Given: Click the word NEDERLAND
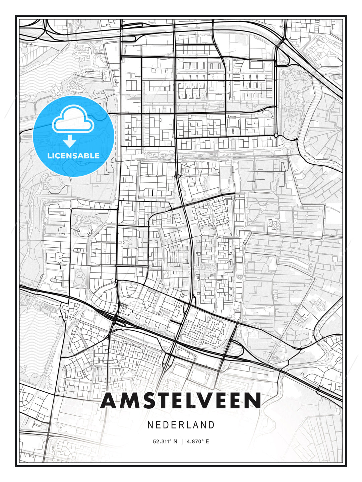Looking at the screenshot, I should pos(181,425).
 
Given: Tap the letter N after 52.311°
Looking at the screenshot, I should pos(175,441).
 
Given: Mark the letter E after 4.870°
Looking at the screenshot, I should pos(207,441).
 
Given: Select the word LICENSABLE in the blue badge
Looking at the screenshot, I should pos(73,156).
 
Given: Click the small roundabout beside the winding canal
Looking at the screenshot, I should pos(276,135).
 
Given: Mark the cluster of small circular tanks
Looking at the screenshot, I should pos(273,225).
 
